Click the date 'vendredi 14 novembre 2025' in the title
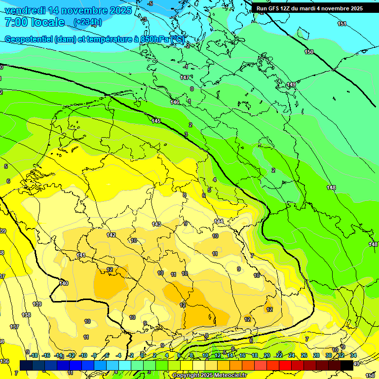click(x=68, y=10)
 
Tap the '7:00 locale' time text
click(x=35, y=22)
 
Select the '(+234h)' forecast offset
click(x=87, y=22)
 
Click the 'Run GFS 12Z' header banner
click(x=309, y=8)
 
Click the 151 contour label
click(x=341, y=24)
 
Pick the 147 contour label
click(x=185, y=77)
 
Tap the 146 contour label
click(x=175, y=102)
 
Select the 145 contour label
click(x=156, y=121)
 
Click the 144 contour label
click(x=219, y=221)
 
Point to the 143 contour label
click(x=156, y=224)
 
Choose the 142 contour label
click(x=111, y=235)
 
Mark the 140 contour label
click(x=64, y=283)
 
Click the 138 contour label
click(x=26, y=315)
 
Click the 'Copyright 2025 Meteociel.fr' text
click(x=209, y=376)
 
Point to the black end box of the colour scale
click(x=347, y=365)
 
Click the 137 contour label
click(x=14, y=327)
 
